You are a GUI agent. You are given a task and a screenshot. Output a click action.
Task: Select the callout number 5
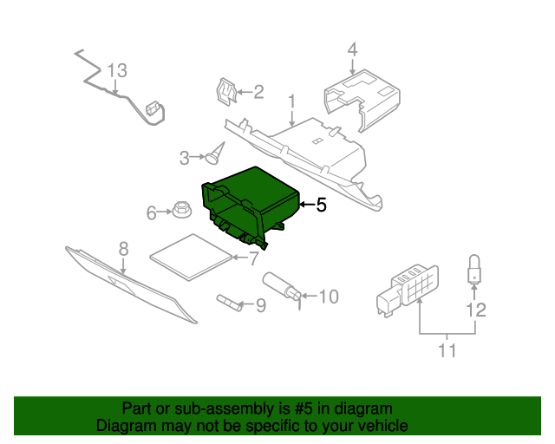click(320, 206)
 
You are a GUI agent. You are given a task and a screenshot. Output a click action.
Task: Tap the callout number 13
click(117, 70)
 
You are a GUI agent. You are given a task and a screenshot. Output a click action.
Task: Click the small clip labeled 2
click(226, 91)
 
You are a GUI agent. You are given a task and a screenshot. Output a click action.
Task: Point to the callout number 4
click(352, 49)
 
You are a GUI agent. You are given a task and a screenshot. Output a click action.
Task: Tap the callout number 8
click(123, 248)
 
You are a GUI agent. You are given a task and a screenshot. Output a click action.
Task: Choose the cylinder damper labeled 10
click(283, 286)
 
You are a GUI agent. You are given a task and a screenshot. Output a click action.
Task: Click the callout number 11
click(447, 351)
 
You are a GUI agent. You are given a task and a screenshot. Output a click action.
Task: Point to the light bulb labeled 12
click(474, 269)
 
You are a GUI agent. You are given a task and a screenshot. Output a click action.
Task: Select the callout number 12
click(475, 310)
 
